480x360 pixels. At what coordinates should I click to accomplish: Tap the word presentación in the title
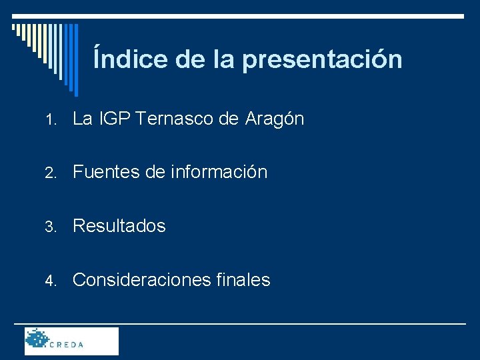click(x=322, y=60)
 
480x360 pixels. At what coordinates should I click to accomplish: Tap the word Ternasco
click(x=175, y=119)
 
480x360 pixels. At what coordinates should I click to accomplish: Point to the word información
click(x=219, y=173)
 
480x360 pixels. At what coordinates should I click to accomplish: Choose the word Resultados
click(x=119, y=226)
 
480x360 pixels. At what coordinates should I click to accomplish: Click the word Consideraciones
click(x=142, y=280)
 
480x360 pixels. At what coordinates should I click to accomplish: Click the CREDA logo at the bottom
click(x=71, y=341)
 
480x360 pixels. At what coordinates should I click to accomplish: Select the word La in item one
click(x=82, y=119)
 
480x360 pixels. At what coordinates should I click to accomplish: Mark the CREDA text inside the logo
click(x=67, y=345)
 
